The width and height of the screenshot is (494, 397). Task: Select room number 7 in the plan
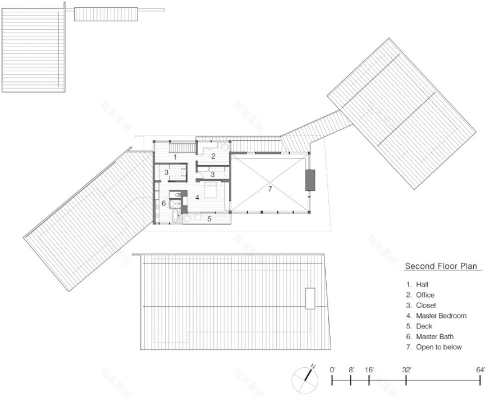[x=269, y=189]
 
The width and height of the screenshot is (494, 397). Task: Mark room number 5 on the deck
[x=209, y=219]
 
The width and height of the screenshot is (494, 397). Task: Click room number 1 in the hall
[x=175, y=157]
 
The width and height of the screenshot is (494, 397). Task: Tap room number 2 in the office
[x=213, y=156]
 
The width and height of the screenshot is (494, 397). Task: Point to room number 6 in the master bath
[x=164, y=203]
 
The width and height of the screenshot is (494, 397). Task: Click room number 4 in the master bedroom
[x=197, y=198]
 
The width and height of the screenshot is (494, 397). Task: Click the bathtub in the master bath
[x=174, y=217]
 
